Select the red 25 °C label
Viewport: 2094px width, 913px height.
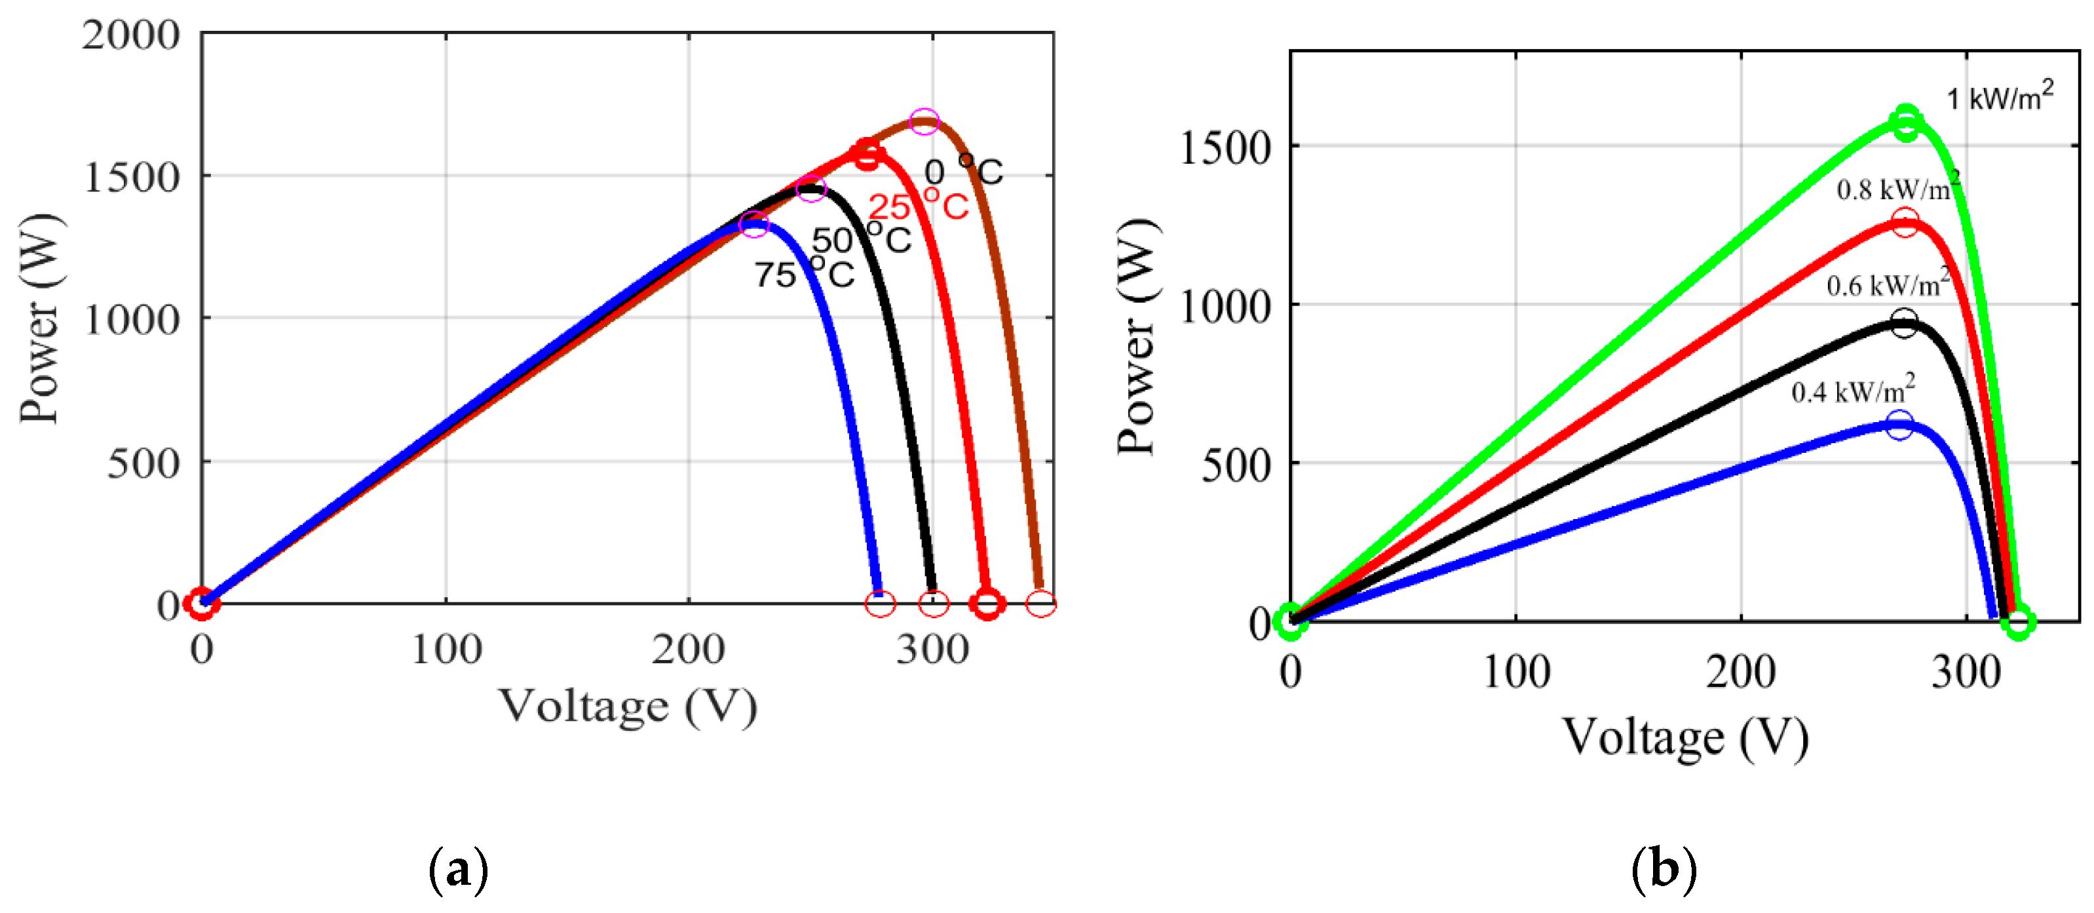918,206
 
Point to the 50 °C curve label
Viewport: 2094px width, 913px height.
861,240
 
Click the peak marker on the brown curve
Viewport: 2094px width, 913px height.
924,122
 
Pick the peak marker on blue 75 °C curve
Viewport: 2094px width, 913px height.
754,224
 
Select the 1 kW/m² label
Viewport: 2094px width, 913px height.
1999,98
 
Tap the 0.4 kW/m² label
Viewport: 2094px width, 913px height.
1853,392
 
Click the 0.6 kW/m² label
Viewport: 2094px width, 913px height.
1888,284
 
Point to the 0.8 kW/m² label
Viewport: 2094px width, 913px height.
1897,189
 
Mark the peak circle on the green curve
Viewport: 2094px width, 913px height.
1906,122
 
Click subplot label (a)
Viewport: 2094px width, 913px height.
458,870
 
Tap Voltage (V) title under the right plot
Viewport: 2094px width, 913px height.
1685,738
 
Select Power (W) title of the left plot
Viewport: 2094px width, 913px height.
41,319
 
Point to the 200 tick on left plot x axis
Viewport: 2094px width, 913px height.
688,650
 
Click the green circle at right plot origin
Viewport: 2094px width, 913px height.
1290,621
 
